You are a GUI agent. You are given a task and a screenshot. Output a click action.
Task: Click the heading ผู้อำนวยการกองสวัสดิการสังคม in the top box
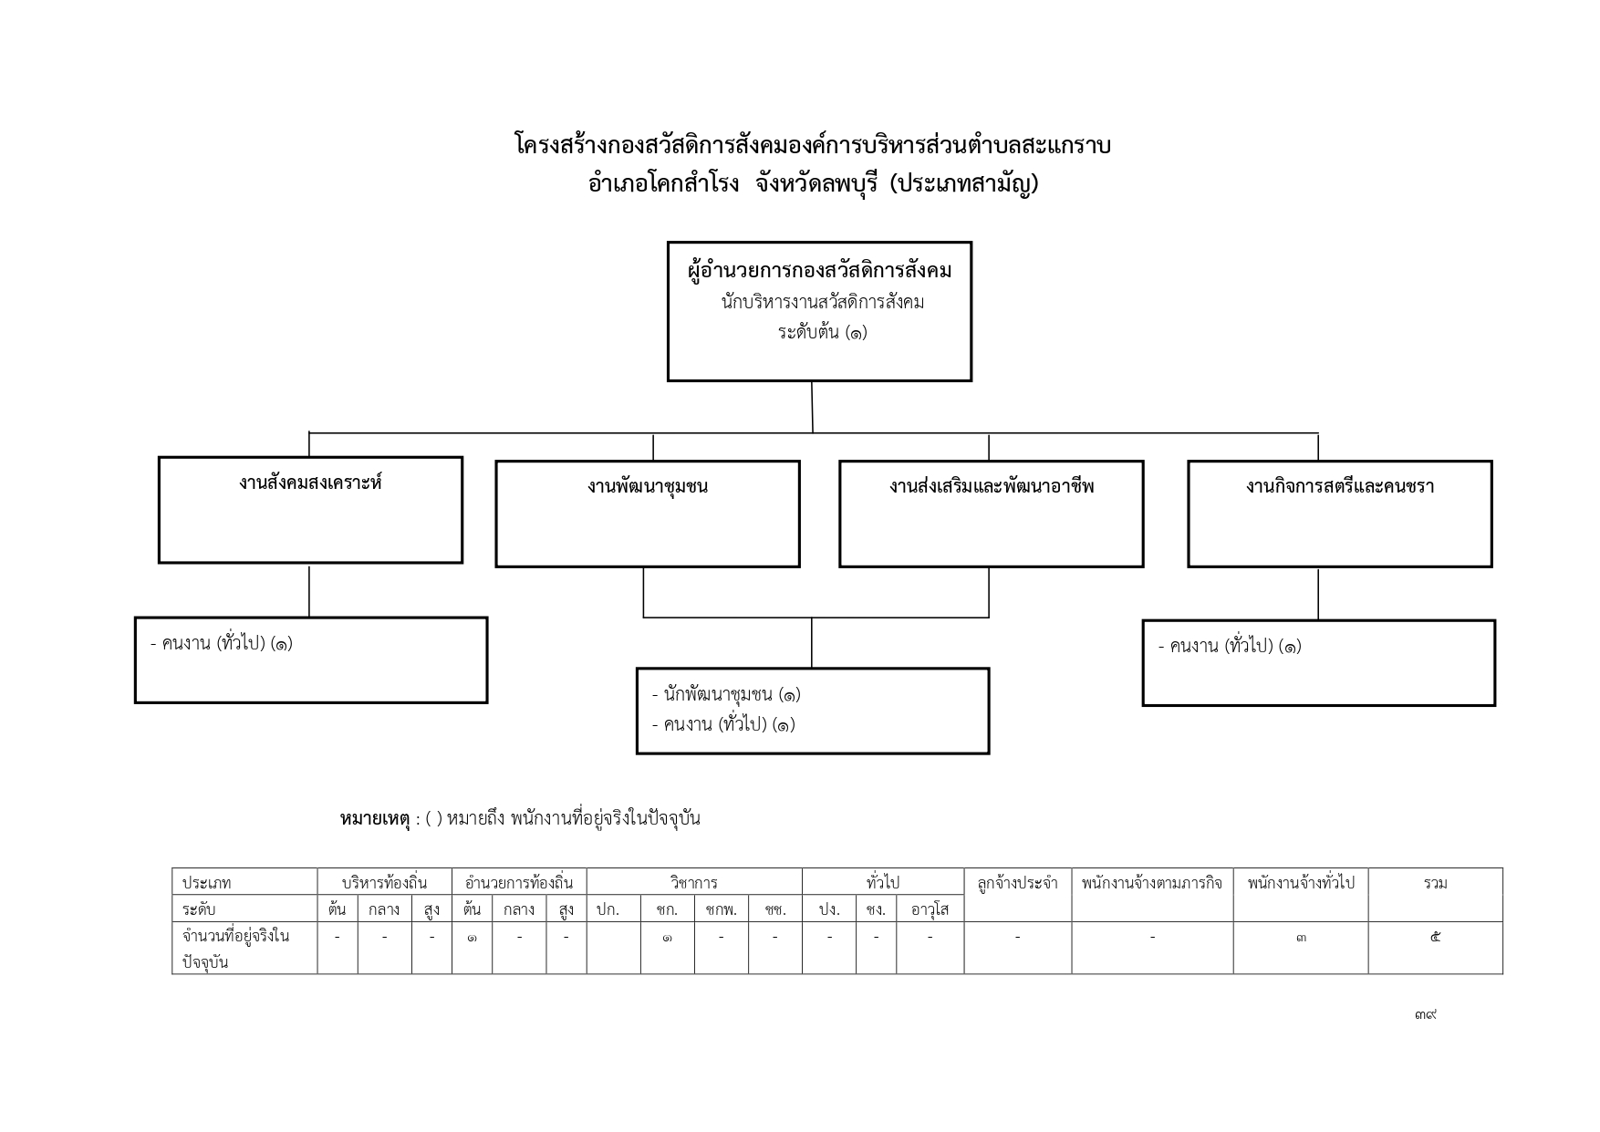[x=819, y=271]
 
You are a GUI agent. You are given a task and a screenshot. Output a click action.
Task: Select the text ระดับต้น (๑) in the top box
[x=822, y=332]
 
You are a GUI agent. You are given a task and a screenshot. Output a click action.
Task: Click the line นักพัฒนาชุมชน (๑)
[x=726, y=694]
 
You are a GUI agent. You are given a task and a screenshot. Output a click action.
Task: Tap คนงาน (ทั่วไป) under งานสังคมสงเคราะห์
[x=222, y=643]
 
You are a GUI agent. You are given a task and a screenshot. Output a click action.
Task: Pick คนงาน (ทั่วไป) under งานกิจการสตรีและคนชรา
[x=1230, y=646]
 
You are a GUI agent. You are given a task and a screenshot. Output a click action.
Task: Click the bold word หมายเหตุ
[x=374, y=818]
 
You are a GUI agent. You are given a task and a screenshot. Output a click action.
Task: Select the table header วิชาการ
[x=694, y=882]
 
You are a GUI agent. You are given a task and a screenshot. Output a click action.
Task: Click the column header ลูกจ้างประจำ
[x=1017, y=882]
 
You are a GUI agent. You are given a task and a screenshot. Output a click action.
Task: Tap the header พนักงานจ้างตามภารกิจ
[x=1152, y=882]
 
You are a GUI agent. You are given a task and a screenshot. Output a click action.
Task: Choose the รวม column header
[x=1435, y=882]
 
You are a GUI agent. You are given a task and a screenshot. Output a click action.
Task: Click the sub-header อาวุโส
[x=930, y=909]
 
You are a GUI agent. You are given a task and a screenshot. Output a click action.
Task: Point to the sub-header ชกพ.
[x=721, y=909]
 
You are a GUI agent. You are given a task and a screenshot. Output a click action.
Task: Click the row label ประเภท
[x=206, y=882]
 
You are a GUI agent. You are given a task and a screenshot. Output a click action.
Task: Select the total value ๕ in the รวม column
[x=1435, y=937]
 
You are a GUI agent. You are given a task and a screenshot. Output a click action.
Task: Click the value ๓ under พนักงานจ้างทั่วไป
[x=1301, y=937]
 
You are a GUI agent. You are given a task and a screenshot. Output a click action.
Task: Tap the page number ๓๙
[x=1426, y=1013]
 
